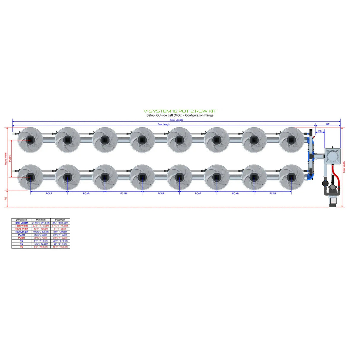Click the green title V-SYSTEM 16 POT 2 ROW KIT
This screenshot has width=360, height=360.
(180, 111)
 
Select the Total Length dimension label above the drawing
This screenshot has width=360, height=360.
(176, 120)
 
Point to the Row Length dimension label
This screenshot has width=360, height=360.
(164, 124)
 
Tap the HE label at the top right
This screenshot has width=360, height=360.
(328, 124)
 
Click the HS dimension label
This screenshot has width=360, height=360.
(320, 131)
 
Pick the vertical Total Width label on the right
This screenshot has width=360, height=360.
(344, 167)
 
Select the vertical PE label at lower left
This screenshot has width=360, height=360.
(6, 198)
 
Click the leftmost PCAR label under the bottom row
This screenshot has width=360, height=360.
(49, 193)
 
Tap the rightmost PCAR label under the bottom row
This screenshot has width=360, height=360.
(273, 193)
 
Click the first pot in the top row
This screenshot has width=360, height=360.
(30, 140)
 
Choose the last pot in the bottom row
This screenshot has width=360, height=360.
(291, 177)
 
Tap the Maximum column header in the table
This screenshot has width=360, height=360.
(60, 220)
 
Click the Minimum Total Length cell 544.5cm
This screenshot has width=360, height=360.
(41, 223)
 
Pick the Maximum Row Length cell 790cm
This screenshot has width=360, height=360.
(60, 232)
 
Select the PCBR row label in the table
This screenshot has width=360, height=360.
(21, 238)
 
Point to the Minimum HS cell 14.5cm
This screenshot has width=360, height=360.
(41, 241)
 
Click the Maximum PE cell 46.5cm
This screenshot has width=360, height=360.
(60, 247)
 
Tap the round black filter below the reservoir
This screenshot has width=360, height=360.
(325, 183)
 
